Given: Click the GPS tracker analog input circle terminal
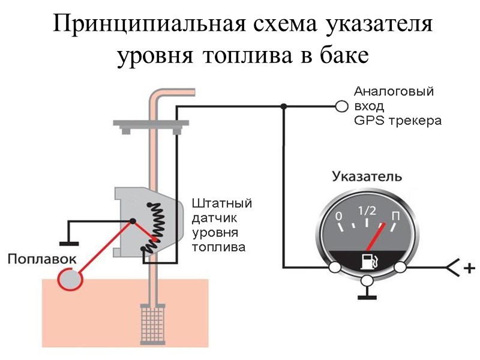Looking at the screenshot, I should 341,107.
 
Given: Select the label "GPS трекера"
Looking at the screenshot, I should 397,121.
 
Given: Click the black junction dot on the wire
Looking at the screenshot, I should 283,107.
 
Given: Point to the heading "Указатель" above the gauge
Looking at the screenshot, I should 367,177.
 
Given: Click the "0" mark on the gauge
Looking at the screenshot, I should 339,216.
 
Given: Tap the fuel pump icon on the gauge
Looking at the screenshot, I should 367,262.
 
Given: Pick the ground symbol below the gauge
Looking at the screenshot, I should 367,295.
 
